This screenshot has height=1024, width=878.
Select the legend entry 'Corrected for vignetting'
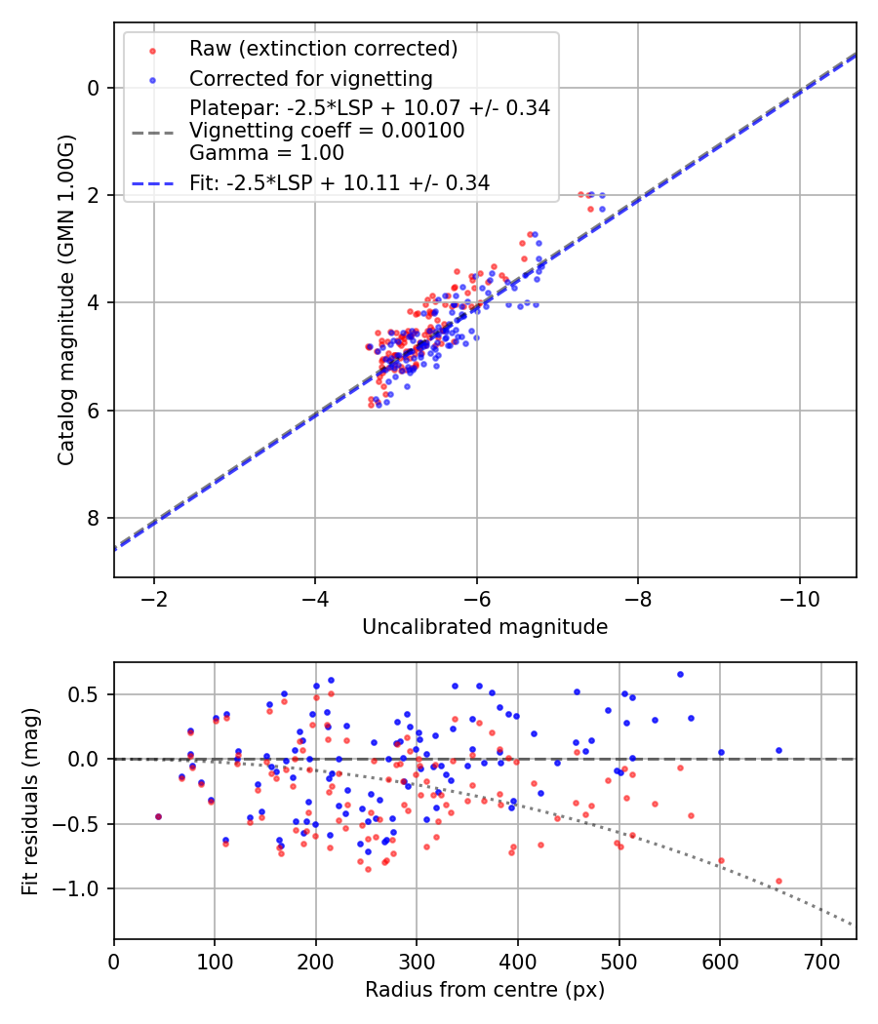point(310,78)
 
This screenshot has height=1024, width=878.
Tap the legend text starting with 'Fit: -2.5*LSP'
point(339,182)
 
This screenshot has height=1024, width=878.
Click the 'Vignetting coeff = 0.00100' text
point(327,131)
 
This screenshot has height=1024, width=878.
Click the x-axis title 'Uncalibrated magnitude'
point(485,627)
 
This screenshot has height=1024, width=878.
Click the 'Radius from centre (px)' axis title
point(485,990)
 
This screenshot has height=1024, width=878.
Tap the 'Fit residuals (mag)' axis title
point(30,801)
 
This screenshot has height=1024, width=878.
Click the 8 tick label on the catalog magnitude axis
point(94,518)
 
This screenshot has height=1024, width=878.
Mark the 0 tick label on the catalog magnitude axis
point(94,88)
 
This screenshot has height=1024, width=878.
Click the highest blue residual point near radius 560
point(680,674)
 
